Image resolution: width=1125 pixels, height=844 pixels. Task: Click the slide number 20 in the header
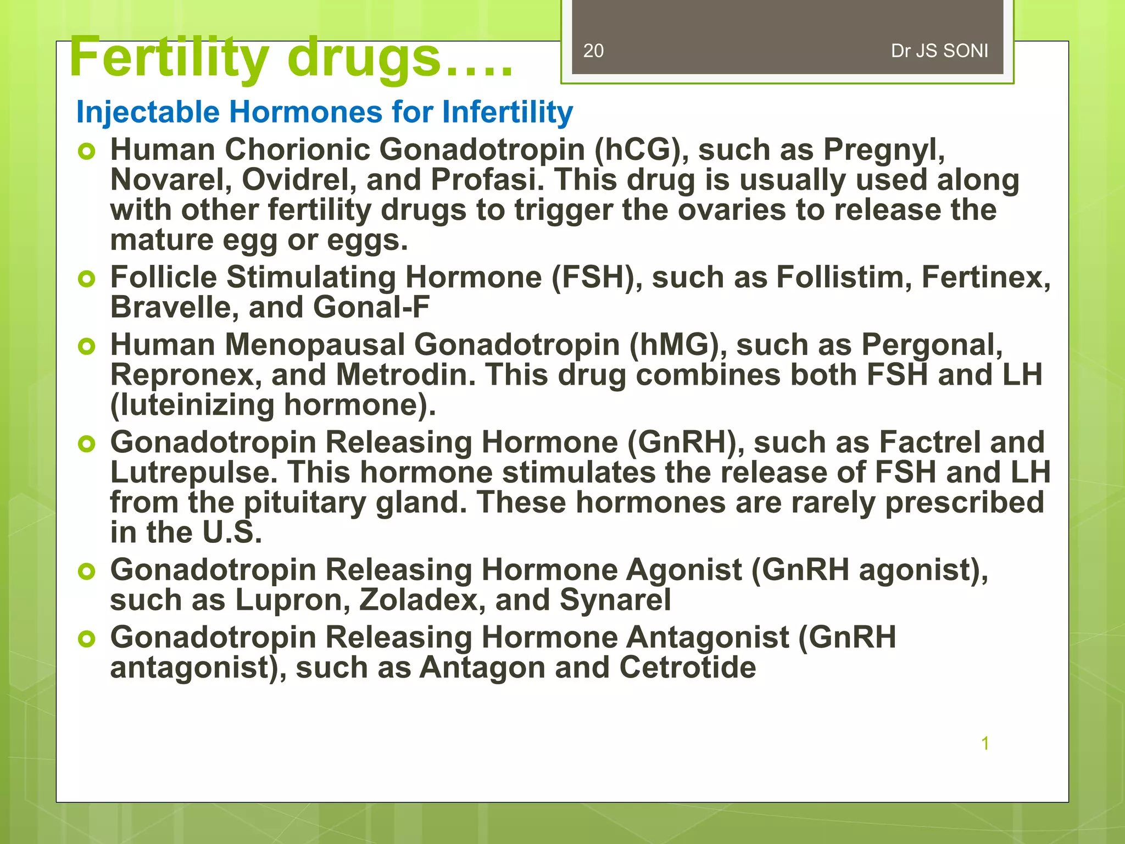tap(593, 51)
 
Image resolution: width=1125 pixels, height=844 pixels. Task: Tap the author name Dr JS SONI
tap(939, 51)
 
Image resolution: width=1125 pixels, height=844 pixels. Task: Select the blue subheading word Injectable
tap(148, 112)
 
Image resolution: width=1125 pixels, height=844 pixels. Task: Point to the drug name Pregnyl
tap(884, 150)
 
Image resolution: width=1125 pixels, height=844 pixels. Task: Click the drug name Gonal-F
tap(371, 307)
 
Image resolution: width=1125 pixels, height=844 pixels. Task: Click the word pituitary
tap(304, 503)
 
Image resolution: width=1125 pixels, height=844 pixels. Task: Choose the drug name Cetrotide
tap(687, 668)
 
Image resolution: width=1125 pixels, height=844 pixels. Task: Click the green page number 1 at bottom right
tap(985, 743)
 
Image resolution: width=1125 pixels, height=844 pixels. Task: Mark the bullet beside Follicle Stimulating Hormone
tap(87, 279)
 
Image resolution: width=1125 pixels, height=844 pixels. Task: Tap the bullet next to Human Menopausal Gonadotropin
tap(87, 347)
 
